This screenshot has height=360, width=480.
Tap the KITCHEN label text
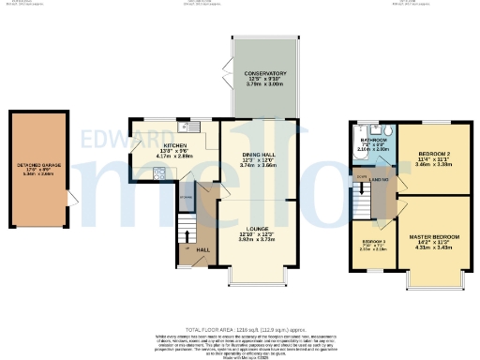[x=175, y=146]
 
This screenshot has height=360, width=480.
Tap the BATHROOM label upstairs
[x=372, y=138]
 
